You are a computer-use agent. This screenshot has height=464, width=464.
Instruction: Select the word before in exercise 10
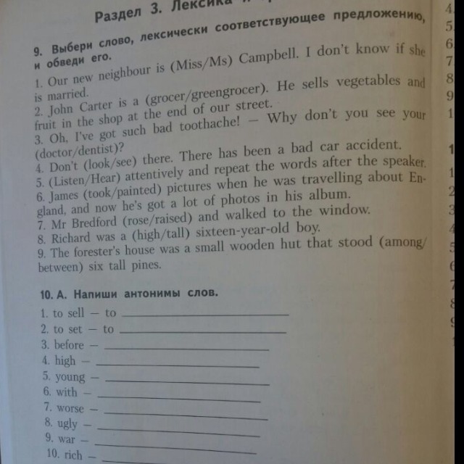click(69, 344)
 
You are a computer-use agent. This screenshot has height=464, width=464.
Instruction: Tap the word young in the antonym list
click(70, 376)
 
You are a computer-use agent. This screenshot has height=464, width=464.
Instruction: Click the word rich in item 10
click(73, 456)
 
